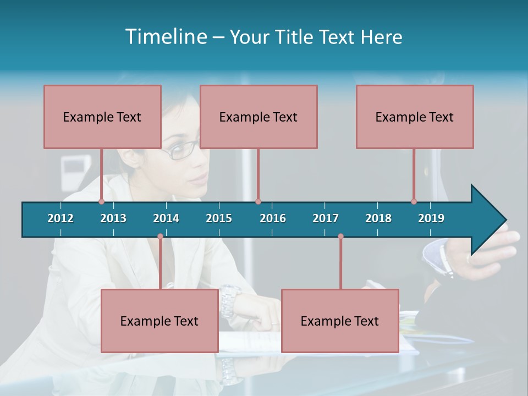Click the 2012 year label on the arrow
pos(61,218)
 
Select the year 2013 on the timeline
pos(113,218)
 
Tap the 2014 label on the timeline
pos(166,218)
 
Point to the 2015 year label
pos(219,218)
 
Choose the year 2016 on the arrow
pos(273,218)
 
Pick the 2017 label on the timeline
pos(326,218)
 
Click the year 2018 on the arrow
pos(378,218)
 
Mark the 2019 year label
pos(431,218)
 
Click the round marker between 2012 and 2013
pos(101,201)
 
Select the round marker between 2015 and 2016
pos(258,201)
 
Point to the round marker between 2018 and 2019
pos(414,201)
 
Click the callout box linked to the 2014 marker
pos(159,321)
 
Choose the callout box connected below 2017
pos(340,321)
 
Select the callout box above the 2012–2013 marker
pos(102,117)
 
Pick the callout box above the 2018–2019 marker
pos(415,117)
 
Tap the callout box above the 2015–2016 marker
pos(258,117)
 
